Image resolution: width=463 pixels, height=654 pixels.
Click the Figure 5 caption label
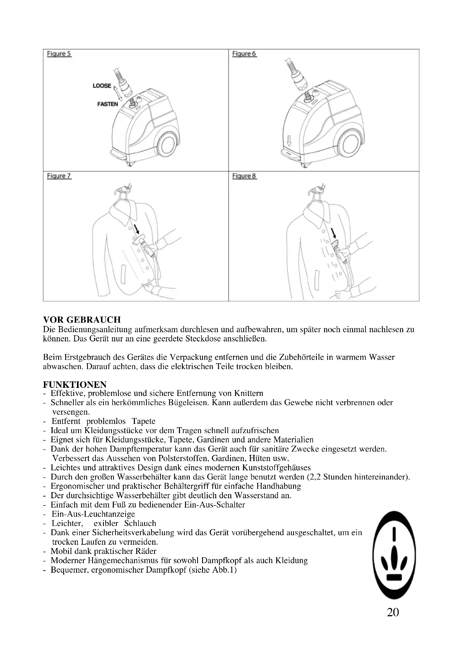(59, 54)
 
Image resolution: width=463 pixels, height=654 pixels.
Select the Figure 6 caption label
(244, 54)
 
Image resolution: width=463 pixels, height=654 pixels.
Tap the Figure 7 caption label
(59, 176)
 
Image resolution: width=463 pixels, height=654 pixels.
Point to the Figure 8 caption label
(244, 176)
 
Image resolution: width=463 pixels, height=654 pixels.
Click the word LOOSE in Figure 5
(102, 86)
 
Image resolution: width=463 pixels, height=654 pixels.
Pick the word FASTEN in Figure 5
(107, 104)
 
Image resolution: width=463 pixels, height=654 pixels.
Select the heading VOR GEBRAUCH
(82, 319)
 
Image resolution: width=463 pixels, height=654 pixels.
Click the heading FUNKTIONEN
(75, 385)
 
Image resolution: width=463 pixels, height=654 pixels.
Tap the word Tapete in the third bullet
(143, 421)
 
